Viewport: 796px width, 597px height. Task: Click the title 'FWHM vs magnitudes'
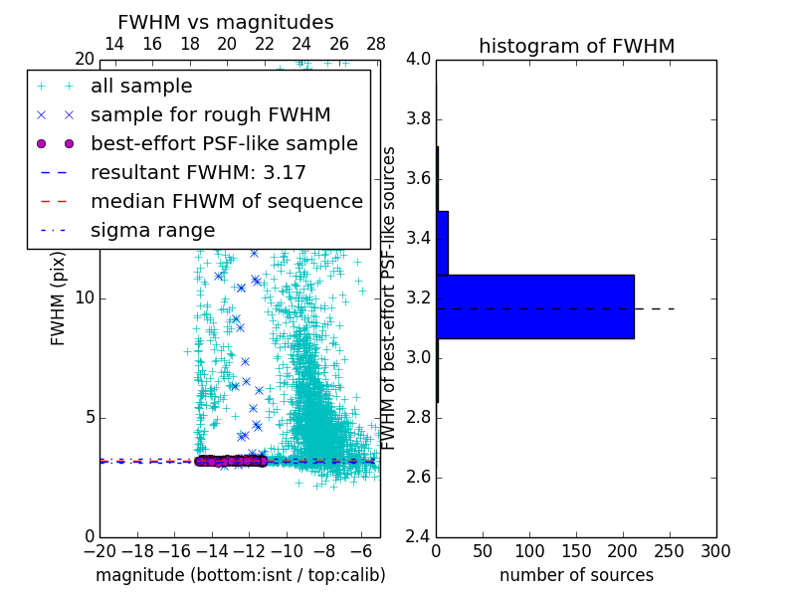[x=226, y=22]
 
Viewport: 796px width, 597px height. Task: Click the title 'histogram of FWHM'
[x=576, y=46]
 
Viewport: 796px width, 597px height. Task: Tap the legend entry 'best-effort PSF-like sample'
[x=224, y=143]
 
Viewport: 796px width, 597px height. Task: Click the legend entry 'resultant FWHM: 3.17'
[x=198, y=172]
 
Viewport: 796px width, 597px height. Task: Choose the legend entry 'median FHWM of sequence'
[x=226, y=201]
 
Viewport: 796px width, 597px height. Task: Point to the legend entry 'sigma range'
[x=152, y=230]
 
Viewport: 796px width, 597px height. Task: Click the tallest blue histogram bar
[x=535, y=306]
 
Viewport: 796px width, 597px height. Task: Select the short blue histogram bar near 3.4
[x=443, y=243]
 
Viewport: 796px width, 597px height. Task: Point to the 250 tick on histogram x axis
[x=670, y=550]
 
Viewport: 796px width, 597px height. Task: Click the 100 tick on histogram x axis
[x=529, y=550]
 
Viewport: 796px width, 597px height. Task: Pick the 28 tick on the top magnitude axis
[x=376, y=44]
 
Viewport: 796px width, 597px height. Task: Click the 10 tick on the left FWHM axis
[x=85, y=298]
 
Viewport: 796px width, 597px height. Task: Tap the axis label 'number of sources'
[x=576, y=575]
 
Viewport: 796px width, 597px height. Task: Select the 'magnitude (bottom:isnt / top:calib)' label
[x=240, y=575]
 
